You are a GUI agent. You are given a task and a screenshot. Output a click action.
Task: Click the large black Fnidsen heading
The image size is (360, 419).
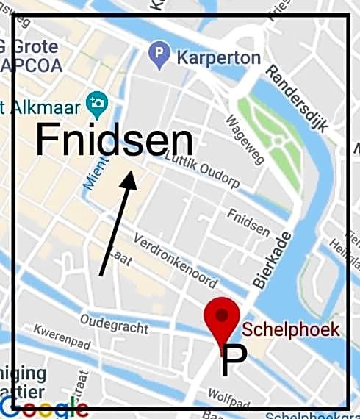point(114,140)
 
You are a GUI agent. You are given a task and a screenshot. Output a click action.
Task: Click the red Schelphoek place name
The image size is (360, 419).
point(291,329)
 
